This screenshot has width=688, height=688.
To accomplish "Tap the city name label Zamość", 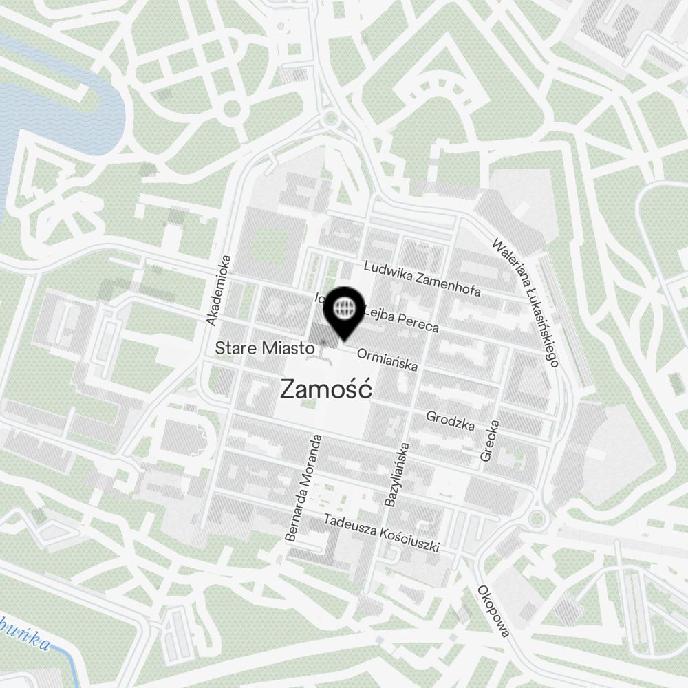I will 327,390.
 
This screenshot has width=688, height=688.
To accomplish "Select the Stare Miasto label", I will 265,349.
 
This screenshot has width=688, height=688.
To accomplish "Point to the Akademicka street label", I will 220,290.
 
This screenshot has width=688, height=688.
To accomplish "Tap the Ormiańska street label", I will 387,360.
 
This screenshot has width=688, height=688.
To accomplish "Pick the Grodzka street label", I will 451,420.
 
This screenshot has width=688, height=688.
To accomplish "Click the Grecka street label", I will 490,440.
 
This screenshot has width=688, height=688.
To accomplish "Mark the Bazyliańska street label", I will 397,475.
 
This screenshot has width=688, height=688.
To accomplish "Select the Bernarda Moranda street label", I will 303,488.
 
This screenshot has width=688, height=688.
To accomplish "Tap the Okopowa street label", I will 493,612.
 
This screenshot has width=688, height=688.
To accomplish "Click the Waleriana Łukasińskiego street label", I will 526,301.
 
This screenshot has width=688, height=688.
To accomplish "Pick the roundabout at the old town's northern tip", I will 332,118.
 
